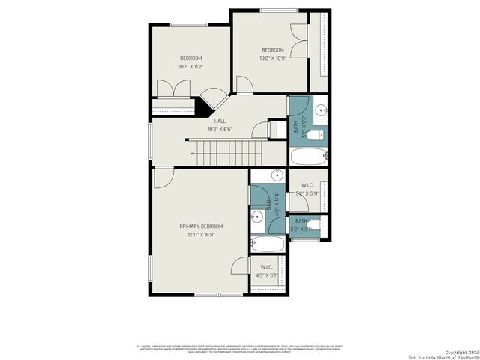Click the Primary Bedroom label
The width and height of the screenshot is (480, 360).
200,226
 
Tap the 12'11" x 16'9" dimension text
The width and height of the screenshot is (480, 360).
200,235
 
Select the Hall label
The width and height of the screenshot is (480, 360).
220,121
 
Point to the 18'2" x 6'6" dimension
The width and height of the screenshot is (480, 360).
220,129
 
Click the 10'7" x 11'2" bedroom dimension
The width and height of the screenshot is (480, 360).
190,67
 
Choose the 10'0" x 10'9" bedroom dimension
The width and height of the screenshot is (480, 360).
272,58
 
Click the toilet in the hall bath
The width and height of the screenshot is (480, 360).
318,136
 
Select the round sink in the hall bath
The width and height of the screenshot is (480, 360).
320,109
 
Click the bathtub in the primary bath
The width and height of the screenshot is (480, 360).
268,244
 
